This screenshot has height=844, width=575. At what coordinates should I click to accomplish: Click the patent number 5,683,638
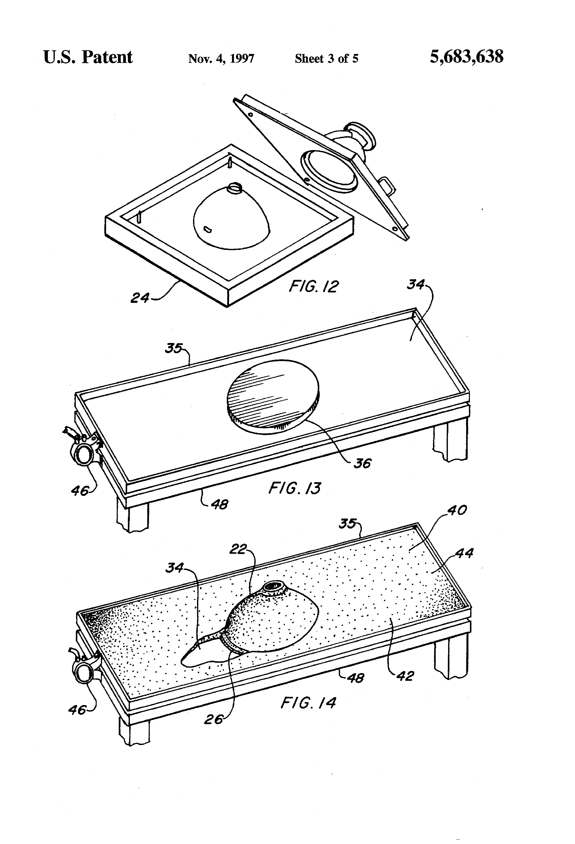(466, 57)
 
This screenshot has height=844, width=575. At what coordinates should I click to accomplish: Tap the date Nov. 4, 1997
(221, 58)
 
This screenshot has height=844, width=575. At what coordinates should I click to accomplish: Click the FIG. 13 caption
(294, 488)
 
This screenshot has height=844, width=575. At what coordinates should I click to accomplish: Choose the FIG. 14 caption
(308, 703)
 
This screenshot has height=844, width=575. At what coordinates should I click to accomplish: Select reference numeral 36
(362, 463)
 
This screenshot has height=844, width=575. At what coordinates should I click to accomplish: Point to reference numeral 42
(405, 676)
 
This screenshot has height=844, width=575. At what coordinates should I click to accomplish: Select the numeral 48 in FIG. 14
(355, 678)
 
